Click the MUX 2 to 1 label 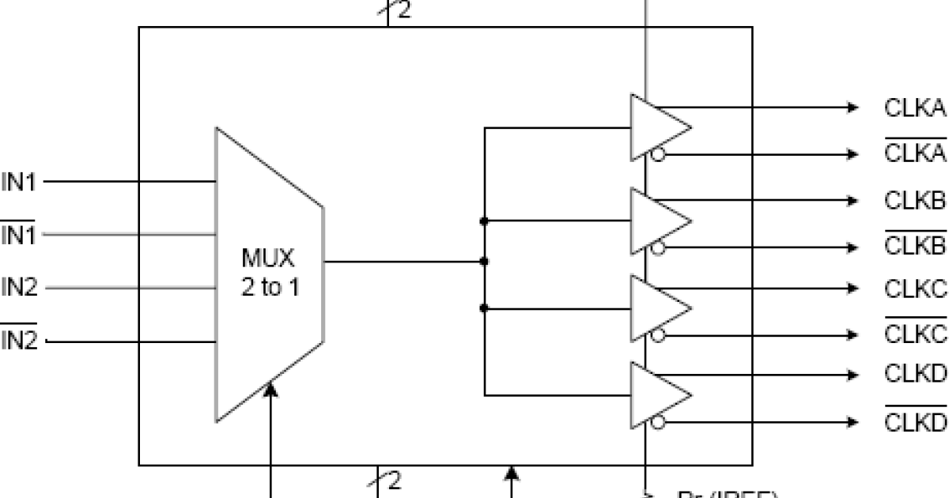(270, 273)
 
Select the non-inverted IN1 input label (19, 183)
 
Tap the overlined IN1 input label (19, 235)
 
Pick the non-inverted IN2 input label (19, 288)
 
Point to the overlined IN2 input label (19, 341)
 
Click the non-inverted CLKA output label (915, 108)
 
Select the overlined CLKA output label (915, 153)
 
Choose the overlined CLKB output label (915, 247)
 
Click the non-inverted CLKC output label (915, 289)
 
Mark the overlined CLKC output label (915, 335)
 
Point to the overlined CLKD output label (915, 422)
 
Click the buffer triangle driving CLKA (656, 127)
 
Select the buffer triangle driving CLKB (656, 221)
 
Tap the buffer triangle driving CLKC (656, 307)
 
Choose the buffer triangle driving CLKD (656, 394)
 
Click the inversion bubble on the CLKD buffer (658, 422)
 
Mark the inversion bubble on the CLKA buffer (658, 154)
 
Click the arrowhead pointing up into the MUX (271, 390)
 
